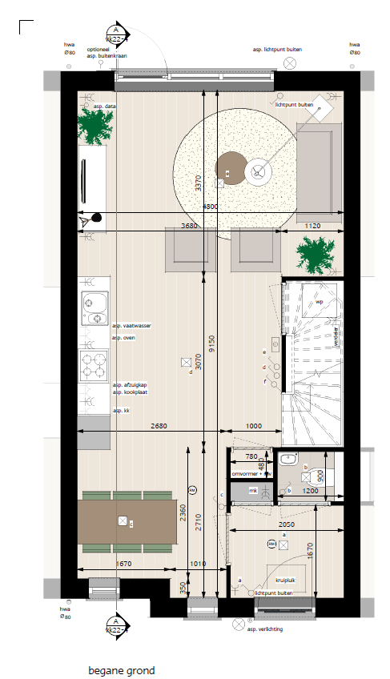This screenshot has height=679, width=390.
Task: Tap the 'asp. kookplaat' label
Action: (x=130, y=392)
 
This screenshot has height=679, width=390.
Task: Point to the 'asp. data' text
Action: (x=105, y=106)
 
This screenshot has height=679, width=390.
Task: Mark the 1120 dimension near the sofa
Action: (x=312, y=227)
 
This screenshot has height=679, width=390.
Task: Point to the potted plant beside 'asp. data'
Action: (x=95, y=127)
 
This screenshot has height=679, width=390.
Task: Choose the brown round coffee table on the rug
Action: (x=230, y=167)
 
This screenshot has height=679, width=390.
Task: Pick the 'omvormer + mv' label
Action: (x=251, y=475)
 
